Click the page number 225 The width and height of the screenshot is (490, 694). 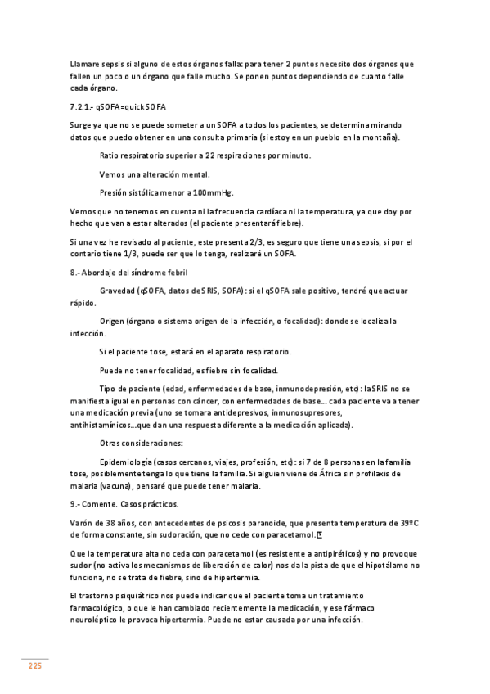tap(35, 666)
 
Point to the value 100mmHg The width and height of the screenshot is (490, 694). tap(212, 193)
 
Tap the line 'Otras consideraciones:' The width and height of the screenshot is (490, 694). tap(140, 444)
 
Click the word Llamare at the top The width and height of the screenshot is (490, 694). tap(87, 64)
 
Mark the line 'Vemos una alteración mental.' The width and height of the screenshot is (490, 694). tap(155, 174)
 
